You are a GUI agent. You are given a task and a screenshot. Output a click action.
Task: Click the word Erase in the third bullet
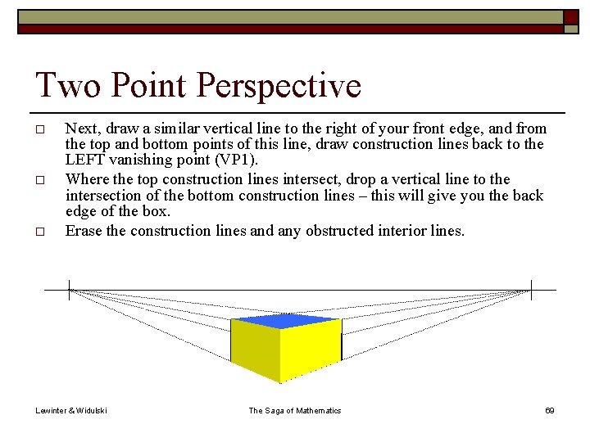coord(84,231)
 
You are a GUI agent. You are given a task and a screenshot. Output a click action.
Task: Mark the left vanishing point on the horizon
coord(70,289)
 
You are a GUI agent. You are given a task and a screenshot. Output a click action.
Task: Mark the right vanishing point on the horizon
coord(531,289)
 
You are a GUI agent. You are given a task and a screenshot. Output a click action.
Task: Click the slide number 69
coord(550,410)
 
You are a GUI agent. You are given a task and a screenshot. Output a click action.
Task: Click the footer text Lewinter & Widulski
coord(71,410)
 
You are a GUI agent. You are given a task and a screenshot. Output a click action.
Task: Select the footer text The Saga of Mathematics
coord(294,410)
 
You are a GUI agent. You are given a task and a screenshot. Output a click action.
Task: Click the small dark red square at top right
coord(571,16)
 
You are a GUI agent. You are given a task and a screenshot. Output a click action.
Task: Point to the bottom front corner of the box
coord(281,382)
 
